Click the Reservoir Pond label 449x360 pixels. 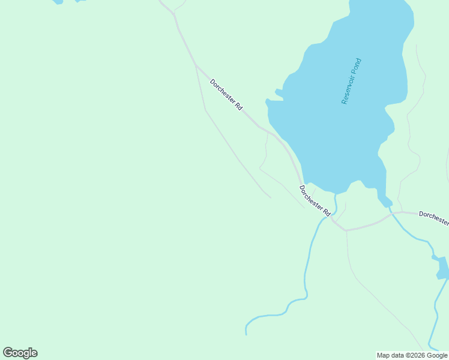[x=352, y=81]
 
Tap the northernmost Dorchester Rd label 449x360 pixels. [x=226, y=94]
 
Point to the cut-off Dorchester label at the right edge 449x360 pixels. [x=433, y=218]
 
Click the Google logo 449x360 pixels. [x=20, y=353]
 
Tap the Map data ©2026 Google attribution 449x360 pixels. [x=412, y=355]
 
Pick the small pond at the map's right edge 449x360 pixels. [x=443, y=268]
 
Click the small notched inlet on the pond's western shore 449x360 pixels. [x=279, y=93]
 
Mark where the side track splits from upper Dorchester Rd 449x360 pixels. [x=196, y=65]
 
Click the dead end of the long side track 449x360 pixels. [x=271, y=197]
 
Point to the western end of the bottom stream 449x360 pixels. [x=246, y=332]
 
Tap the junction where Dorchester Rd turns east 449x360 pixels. [x=346, y=230]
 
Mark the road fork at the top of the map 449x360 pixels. [x=174, y=13]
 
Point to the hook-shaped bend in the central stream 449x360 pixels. [x=306, y=294]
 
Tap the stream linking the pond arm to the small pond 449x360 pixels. [x=414, y=235]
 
